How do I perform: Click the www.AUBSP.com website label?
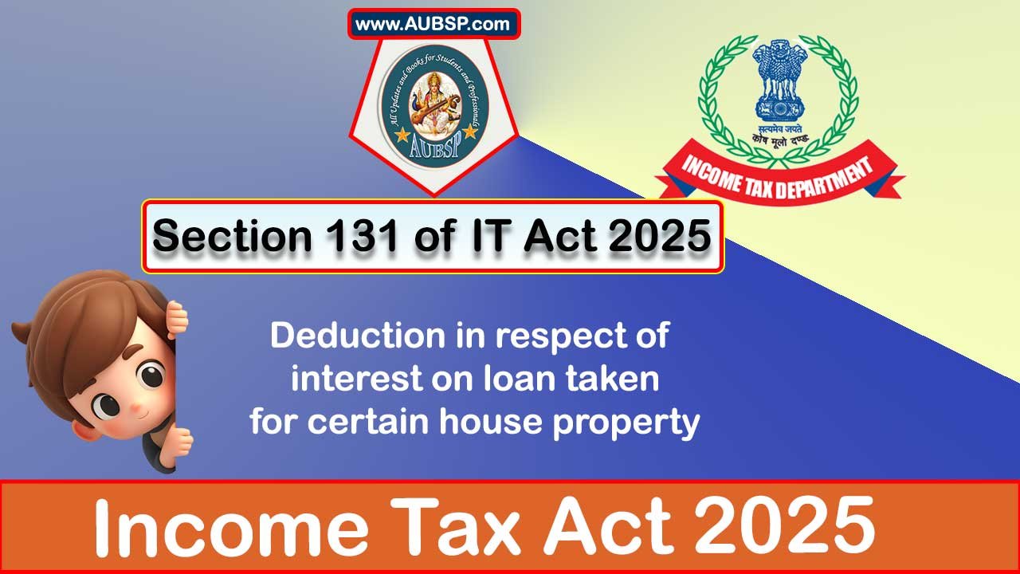click(x=433, y=24)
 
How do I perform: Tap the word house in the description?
click(x=500, y=423)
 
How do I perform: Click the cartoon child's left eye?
click(x=150, y=375)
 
